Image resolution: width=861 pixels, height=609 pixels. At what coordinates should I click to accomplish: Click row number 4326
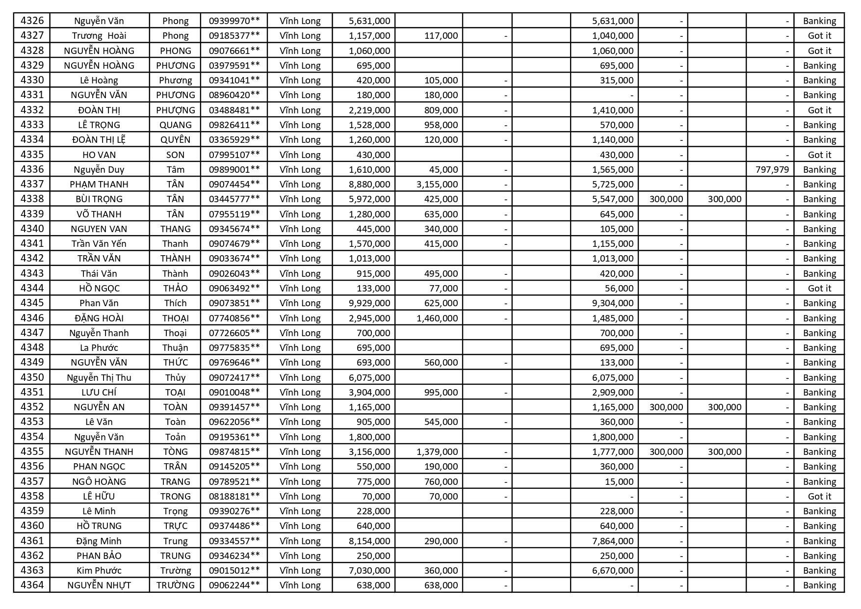(32, 21)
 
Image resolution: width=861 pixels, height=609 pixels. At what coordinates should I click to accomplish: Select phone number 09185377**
(234, 35)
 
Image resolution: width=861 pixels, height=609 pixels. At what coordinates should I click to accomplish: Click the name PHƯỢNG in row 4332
(175, 110)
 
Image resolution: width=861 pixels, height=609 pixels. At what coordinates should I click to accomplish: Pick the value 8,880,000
(369, 184)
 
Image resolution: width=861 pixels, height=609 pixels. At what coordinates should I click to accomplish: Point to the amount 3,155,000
(437, 184)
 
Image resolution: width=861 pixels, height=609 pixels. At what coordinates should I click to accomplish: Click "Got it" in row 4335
(819, 155)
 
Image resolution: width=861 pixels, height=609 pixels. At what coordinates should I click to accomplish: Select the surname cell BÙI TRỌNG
(99, 199)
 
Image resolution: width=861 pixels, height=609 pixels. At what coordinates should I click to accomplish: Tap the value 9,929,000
(369, 303)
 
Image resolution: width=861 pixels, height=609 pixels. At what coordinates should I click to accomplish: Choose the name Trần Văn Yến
(99, 243)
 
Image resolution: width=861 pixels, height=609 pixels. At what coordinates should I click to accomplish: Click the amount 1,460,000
(437, 318)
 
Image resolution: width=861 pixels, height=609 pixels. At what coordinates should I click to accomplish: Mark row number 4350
(32, 377)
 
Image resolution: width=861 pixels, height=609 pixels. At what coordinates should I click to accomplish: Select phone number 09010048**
(234, 392)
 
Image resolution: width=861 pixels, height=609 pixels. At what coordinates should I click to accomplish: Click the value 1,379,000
(437, 451)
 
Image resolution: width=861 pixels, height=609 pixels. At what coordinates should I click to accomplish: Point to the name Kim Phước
(99, 570)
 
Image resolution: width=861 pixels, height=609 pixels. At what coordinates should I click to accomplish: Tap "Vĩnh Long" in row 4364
(300, 585)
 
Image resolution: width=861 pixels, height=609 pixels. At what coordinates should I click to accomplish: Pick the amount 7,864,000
(613, 541)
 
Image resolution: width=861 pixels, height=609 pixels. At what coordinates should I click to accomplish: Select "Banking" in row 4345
(819, 303)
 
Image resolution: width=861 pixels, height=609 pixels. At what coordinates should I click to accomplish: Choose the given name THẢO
(175, 288)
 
